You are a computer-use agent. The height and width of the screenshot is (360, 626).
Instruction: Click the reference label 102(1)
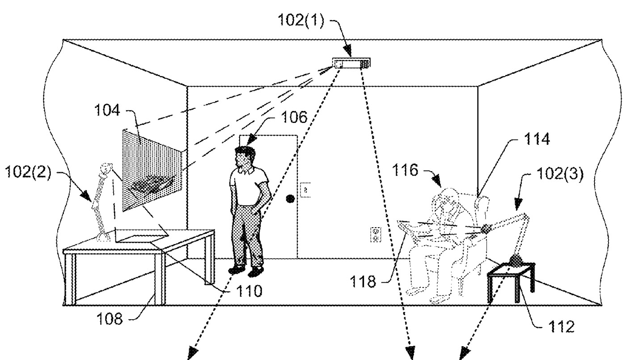click(x=300, y=21)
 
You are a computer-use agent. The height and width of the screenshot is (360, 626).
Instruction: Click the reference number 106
click(x=295, y=118)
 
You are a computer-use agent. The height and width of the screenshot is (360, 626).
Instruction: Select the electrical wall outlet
click(x=375, y=234)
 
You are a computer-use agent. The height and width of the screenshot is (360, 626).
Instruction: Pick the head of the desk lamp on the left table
click(x=106, y=169)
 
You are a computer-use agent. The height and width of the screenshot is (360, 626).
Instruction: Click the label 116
click(x=406, y=171)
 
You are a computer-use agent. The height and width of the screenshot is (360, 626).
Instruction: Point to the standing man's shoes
click(x=246, y=270)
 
